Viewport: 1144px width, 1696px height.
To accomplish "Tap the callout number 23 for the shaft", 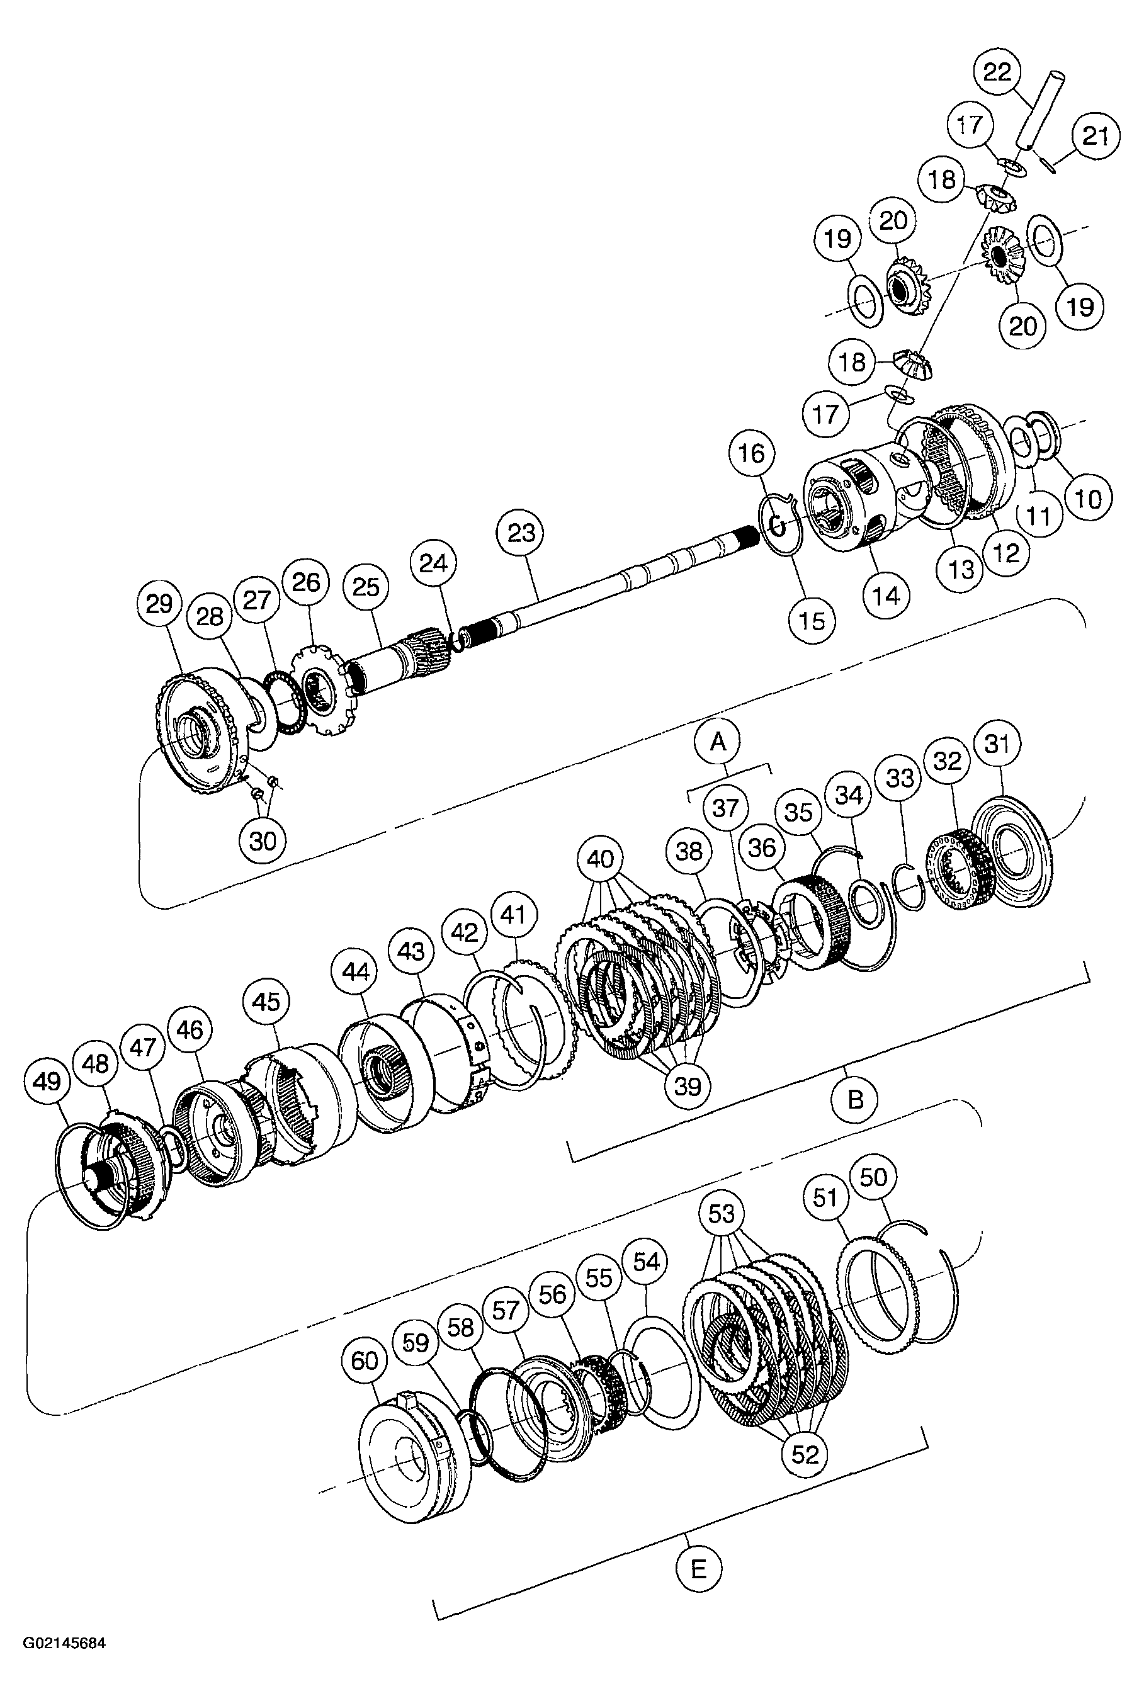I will (x=521, y=533).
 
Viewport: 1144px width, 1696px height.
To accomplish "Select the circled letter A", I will (x=718, y=742).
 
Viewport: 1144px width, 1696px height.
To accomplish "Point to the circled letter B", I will (x=855, y=1099).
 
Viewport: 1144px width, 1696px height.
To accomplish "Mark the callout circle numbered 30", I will (x=263, y=841).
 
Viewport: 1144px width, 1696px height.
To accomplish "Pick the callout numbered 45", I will (x=266, y=1002).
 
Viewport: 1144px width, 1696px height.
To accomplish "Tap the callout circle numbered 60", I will (x=365, y=1360).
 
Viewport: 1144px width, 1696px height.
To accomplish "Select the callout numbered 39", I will (x=688, y=1086).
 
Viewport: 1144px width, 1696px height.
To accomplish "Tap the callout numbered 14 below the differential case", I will (x=886, y=596).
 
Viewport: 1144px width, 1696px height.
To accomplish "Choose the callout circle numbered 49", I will (x=47, y=1081).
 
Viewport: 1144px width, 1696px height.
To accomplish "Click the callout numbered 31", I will (x=997, y=744).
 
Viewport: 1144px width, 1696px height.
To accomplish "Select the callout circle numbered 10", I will (x=1088, y=499).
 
